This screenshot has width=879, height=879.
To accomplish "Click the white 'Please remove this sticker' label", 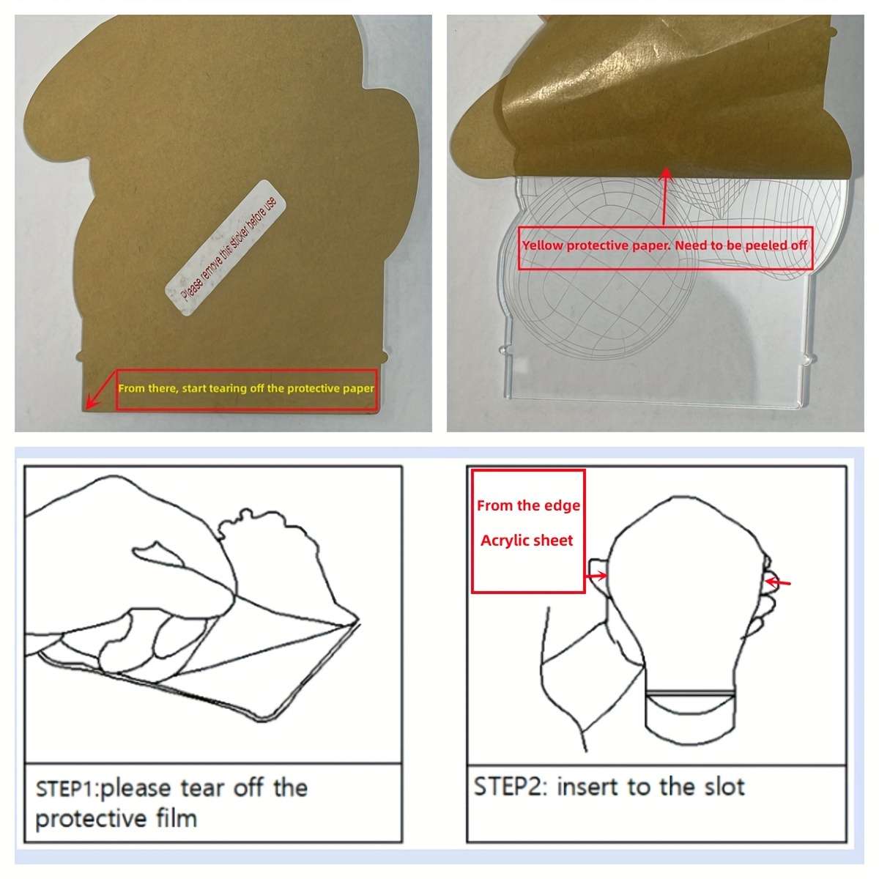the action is pos(226,248).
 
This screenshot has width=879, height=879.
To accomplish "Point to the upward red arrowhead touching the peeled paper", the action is pos(667,174).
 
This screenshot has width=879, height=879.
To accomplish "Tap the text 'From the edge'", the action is pos(528,505).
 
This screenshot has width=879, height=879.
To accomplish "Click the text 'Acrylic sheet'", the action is pos(527,541).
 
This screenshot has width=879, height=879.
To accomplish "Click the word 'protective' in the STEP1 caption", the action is pos(91,820).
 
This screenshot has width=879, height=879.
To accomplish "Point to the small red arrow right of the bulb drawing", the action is pos(778,582).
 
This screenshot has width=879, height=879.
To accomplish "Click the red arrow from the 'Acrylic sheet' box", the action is pos(596,576).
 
